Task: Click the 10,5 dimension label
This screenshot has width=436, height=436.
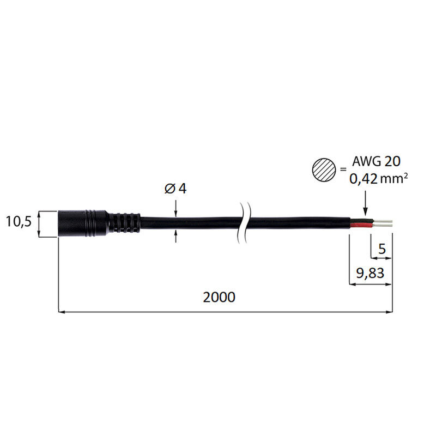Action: tap(19, 222)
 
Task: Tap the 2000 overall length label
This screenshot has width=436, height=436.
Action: tap(219, 297)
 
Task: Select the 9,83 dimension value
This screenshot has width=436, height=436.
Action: tap(370, 273)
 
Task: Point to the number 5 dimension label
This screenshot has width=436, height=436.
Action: tap(383, 249)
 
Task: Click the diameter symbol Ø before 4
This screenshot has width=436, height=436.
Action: tap(169, 189)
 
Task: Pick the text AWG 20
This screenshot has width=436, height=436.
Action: tap(376, 161)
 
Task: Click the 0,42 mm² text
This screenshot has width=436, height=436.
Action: tap(378, 179)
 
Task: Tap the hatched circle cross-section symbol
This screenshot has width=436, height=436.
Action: tap(324, 170)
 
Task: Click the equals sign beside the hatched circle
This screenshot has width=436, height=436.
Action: tap(343, 169)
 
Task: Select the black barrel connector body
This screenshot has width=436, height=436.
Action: tap(83, 223)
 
